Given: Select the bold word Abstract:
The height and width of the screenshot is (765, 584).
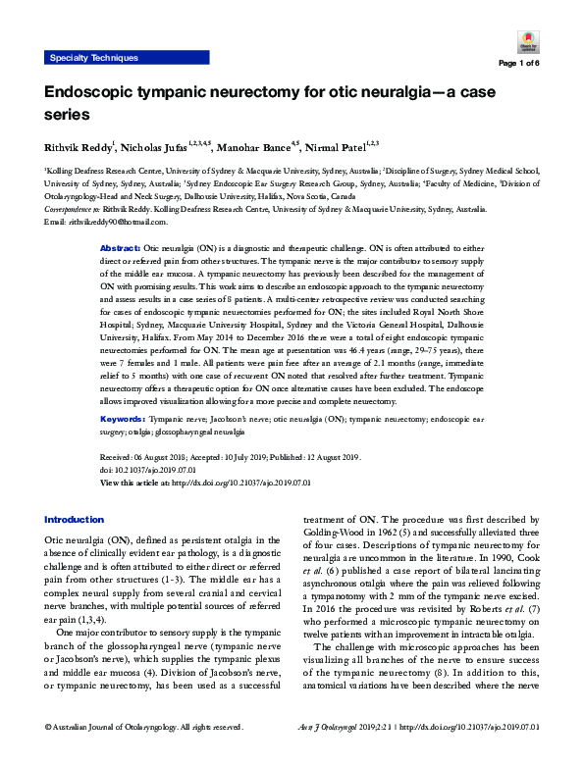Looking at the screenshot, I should point(122,251).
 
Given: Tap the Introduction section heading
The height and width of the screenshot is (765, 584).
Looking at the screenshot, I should point(74,520).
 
